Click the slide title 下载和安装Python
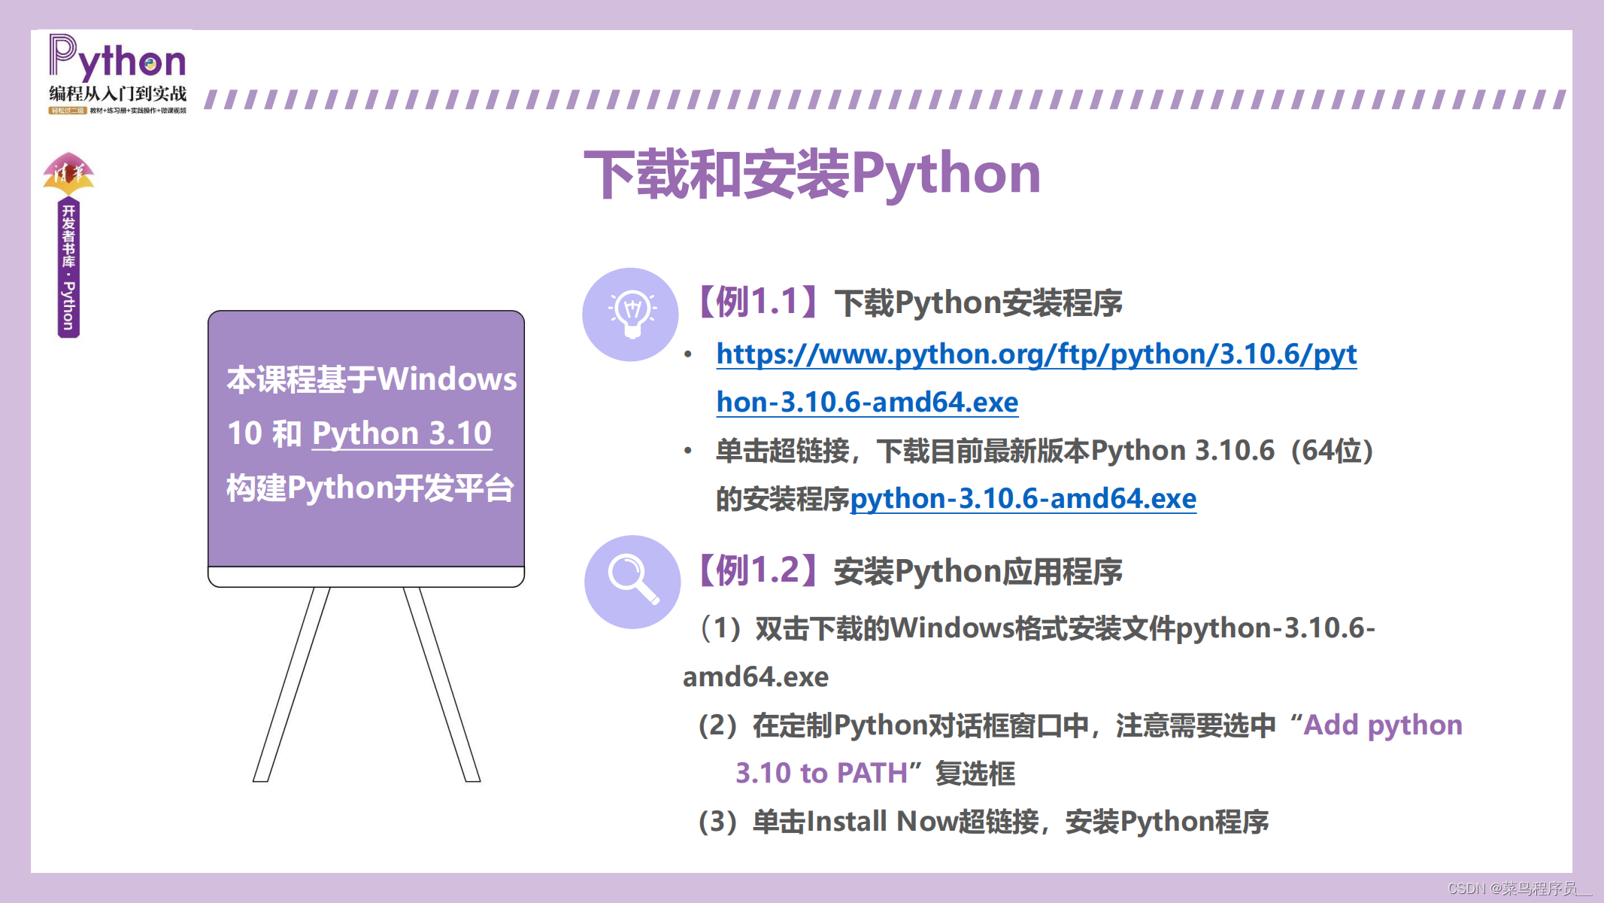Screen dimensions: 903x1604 pos(812,175)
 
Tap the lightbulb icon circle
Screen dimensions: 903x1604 pos(630,315)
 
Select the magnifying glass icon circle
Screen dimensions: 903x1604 pos(632,582)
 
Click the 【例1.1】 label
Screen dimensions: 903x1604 pos(757,303)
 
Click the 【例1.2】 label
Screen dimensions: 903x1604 pos(757,571)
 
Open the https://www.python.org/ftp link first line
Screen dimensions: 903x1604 pos(1036,354)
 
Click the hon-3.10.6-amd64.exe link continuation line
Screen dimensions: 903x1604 pos(867,403)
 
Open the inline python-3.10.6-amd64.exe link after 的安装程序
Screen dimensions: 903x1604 pos(1023,499)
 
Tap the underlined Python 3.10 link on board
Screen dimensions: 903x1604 pos(402,433)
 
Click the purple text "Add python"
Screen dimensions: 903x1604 pos(1383,725)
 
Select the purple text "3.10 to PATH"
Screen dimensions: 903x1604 pos(821,774)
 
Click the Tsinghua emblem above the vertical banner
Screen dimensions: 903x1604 pos(68,174)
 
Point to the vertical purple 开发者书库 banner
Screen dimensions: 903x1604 pos(68,268)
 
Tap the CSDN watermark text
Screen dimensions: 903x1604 pos(1518,889)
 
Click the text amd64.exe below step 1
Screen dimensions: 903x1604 pos(755,677)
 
